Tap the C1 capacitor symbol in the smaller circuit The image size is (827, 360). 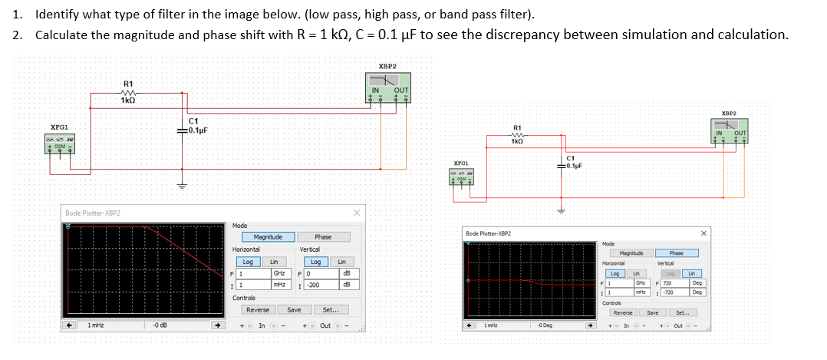(565, 164)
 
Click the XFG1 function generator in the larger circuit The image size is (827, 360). (60, 144)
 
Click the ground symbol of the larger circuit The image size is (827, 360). (183, 186)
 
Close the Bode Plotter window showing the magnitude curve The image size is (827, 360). (356, 213)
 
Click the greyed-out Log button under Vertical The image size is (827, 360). (670, 272)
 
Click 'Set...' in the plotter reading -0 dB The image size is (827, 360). (331, 310)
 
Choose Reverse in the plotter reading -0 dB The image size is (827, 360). (257, 310)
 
